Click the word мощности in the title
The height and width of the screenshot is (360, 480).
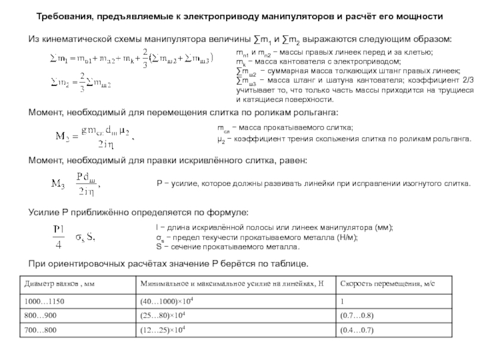(422, 17)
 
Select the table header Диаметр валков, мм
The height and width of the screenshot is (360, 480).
(60, 283)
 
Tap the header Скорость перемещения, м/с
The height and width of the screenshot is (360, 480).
(386, 283)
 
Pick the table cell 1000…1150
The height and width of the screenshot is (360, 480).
(44, 301)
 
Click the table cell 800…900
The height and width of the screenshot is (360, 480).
(40, 315)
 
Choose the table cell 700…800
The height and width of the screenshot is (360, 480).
(40, 330)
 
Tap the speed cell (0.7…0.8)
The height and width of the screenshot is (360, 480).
(357, 315)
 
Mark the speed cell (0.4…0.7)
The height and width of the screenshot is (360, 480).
(357, 330)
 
